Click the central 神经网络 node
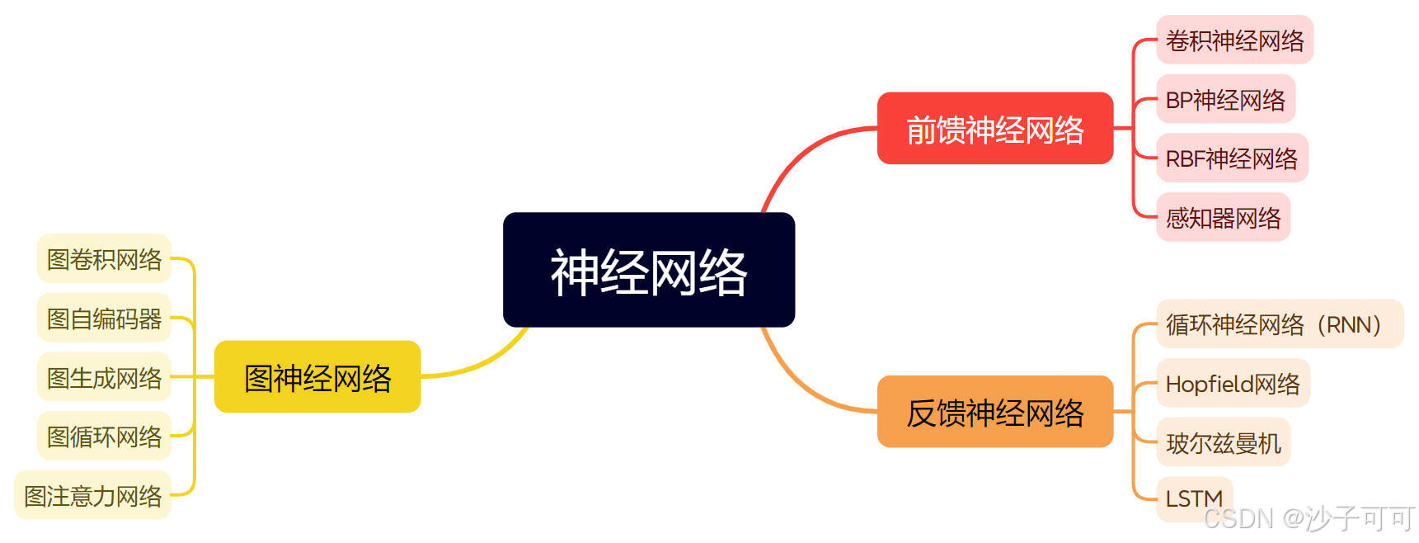point(649,270)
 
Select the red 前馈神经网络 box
point(994,129)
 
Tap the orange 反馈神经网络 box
point(994,412)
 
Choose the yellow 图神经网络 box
point(317,377)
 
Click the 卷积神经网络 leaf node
point(1233,40)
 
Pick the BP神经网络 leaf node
point(1224,99)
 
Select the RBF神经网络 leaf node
point(1231,158)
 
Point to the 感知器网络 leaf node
point(1223,217)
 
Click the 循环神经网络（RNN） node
point(1279,324)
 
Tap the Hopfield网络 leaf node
point(1232,383)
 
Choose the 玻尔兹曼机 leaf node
point(1223,442)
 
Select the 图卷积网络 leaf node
point(104,259)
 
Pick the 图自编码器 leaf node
point(104,318)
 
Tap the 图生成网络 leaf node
point(104,377)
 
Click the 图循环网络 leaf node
point(104,436)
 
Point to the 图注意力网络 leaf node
point(92,495)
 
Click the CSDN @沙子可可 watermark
point(1309,518)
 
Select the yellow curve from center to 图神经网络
point(486,361)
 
